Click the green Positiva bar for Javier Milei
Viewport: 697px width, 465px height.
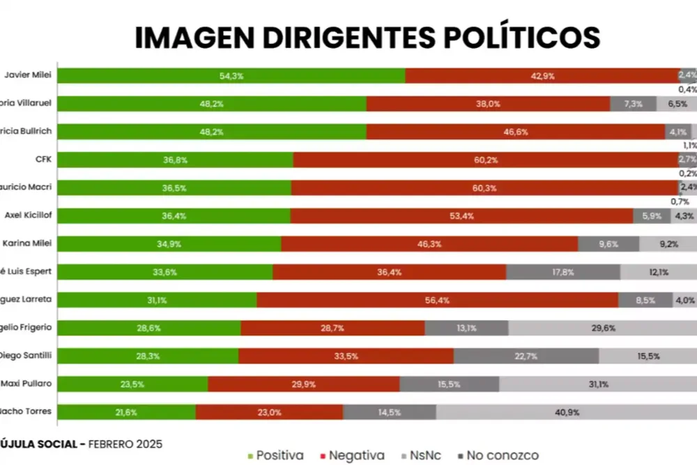(x=231, y=75)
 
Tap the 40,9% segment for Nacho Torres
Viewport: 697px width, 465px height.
(x=566, y=412)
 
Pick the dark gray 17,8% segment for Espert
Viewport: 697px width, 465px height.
(x=563, y=272)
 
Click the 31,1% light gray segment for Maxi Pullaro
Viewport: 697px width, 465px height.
(x=597, y=384)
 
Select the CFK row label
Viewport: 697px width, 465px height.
(x=44, y=159)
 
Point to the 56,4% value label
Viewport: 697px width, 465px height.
(x=438, y=300)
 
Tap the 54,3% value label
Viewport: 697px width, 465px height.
(x=231, y=75)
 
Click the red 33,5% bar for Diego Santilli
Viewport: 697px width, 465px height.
(x=346, y=356)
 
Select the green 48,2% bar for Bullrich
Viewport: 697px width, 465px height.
(x=211, y=132)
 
